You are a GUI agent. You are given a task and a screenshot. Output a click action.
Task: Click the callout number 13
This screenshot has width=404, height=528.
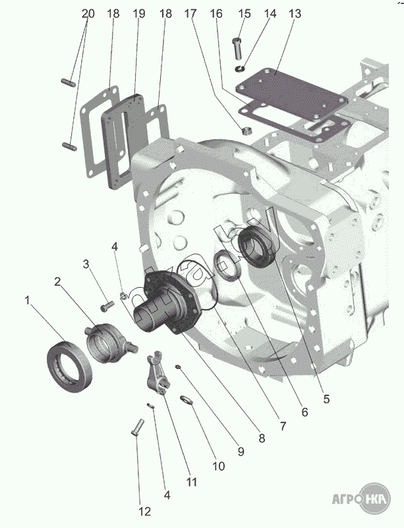click(295, 14)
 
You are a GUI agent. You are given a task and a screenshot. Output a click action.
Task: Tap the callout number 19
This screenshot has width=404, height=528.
click(138, 14)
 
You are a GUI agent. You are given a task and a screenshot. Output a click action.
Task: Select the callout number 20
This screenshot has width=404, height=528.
click(88, 14)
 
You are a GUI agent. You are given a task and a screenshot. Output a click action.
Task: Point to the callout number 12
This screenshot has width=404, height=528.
click(145, 511)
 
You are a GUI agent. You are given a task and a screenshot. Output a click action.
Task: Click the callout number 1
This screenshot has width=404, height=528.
click(27, 300)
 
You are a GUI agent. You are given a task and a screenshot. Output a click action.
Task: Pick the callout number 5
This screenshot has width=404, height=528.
click(326, 399)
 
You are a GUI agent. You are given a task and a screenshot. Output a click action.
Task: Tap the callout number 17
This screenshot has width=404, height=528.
click(190, 14)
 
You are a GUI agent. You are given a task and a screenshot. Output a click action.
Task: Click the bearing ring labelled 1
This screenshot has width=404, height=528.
click(70, 366)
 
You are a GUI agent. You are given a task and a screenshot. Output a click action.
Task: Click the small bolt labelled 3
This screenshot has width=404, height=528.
click(107, 306)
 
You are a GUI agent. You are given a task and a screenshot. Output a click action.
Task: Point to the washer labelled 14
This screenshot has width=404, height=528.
click(240, 69)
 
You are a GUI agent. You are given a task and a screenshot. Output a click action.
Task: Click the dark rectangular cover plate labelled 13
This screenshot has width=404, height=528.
click(291, 94)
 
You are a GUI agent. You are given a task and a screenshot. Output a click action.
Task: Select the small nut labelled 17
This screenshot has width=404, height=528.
click(247, 131)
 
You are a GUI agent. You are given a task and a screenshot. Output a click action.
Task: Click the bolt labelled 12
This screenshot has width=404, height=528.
click(137, 428)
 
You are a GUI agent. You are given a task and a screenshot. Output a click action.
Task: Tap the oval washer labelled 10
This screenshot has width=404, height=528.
click(187, 400)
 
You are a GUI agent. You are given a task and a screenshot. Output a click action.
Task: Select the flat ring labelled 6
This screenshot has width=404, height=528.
click(228, 265)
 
